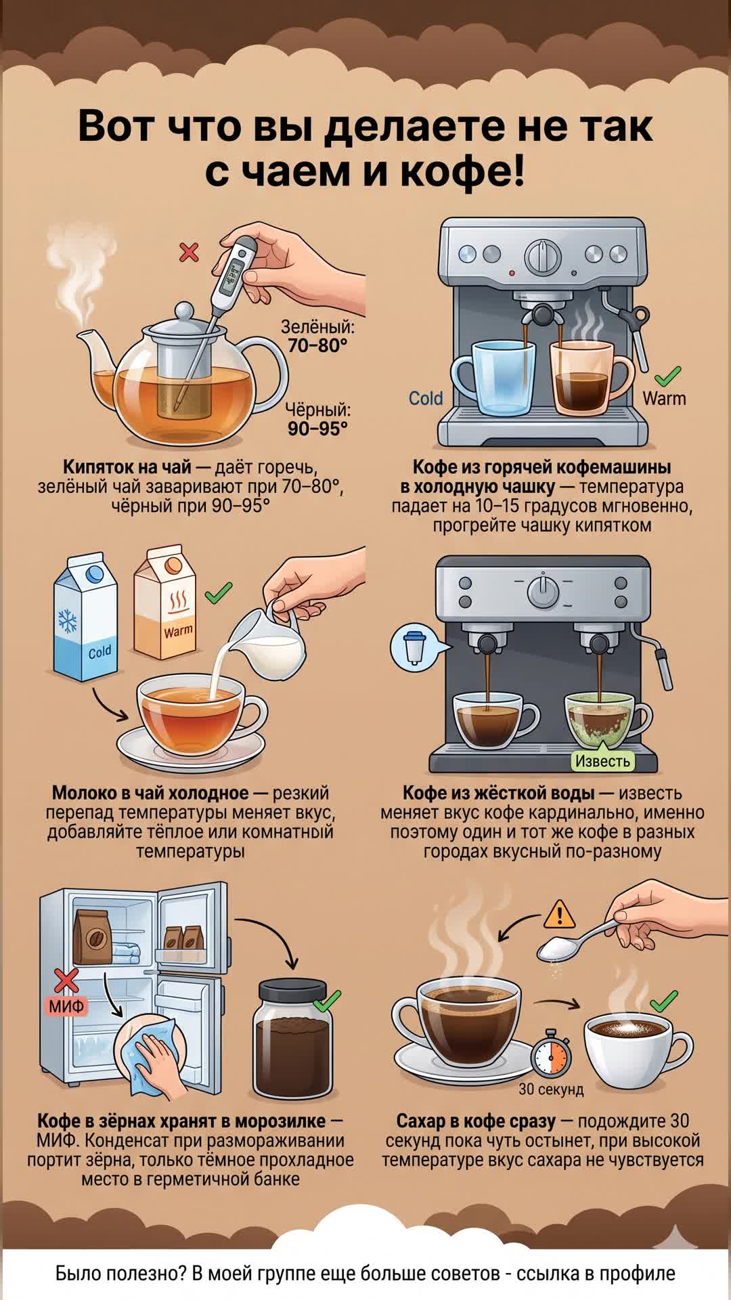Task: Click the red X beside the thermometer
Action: (x=189, y=253)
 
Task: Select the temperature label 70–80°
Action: (x=317, y=345)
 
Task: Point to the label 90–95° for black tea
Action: (x=317, y=429)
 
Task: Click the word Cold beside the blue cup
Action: (x=426, y=398)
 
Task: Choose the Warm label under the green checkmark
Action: (x=664, y=398)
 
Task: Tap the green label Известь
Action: (x=602, y=761)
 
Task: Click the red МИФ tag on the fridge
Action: (x=66, y=1006)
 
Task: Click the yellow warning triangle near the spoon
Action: (x=560, y=914)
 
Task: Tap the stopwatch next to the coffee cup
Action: (x=550, y=1054)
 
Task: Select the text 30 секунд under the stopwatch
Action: (x=551, y=1089)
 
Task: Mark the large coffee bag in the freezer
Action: (x=93, y=936)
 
